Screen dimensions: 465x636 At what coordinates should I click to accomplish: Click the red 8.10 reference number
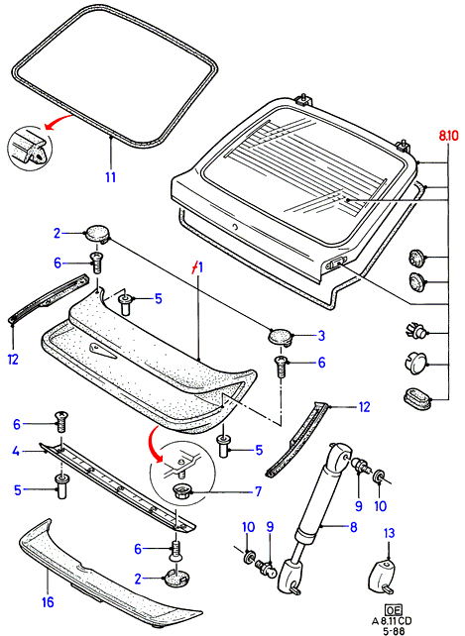coord(447,135)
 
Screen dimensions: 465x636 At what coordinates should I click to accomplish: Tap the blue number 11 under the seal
coord(110,177)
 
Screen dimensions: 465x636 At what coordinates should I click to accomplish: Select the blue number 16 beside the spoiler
coord(48,602)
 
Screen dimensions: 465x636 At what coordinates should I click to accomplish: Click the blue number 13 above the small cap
coord(389,533)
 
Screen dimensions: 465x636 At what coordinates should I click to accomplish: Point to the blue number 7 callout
coord(259,491)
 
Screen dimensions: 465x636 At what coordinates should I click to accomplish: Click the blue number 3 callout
coord(321,336)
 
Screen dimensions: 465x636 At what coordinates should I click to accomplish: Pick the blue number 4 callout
coord(16,451)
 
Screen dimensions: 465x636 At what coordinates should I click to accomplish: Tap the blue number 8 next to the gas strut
coord(353,527)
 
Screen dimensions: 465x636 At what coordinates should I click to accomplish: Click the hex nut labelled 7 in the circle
coord(181,491)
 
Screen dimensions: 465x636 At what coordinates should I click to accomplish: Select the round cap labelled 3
coord(281,337)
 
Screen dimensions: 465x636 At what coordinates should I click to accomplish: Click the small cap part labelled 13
coord(383,575)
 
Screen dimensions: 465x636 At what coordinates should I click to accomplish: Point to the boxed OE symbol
coord(393,609)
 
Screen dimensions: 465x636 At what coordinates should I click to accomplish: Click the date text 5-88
coord(393,631)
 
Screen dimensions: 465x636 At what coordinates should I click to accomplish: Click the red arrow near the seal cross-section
coord(58,122)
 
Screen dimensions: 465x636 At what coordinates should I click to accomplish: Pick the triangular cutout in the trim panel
coord(102,350)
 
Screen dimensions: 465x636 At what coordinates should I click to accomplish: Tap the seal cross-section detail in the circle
coord(30,147)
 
